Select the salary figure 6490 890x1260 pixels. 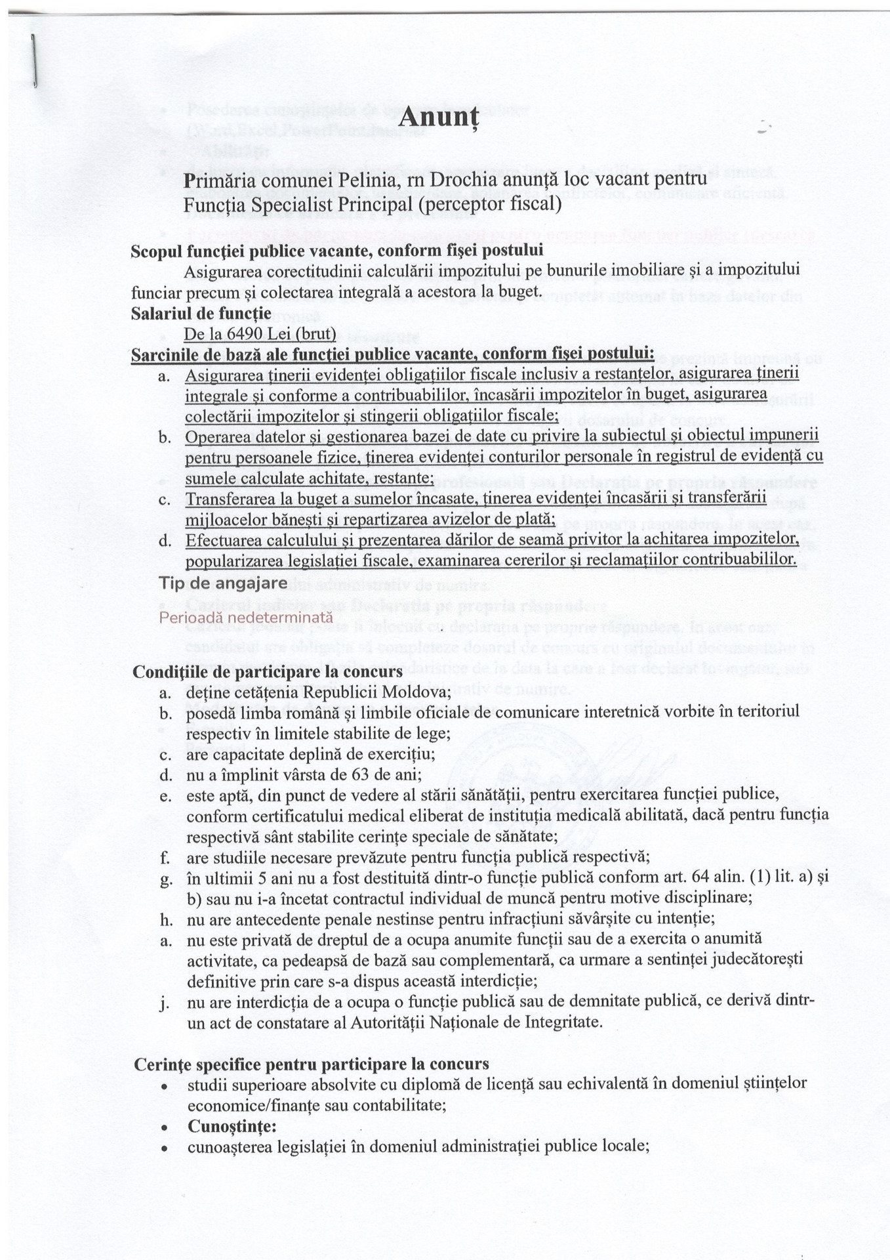[245, 335]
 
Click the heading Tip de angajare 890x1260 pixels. [222, 583]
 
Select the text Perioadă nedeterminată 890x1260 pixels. [246, 618]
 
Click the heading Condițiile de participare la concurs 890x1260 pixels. [268, 672]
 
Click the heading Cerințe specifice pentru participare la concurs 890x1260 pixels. [311, 1064]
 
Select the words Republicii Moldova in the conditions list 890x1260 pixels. [383, 692]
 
